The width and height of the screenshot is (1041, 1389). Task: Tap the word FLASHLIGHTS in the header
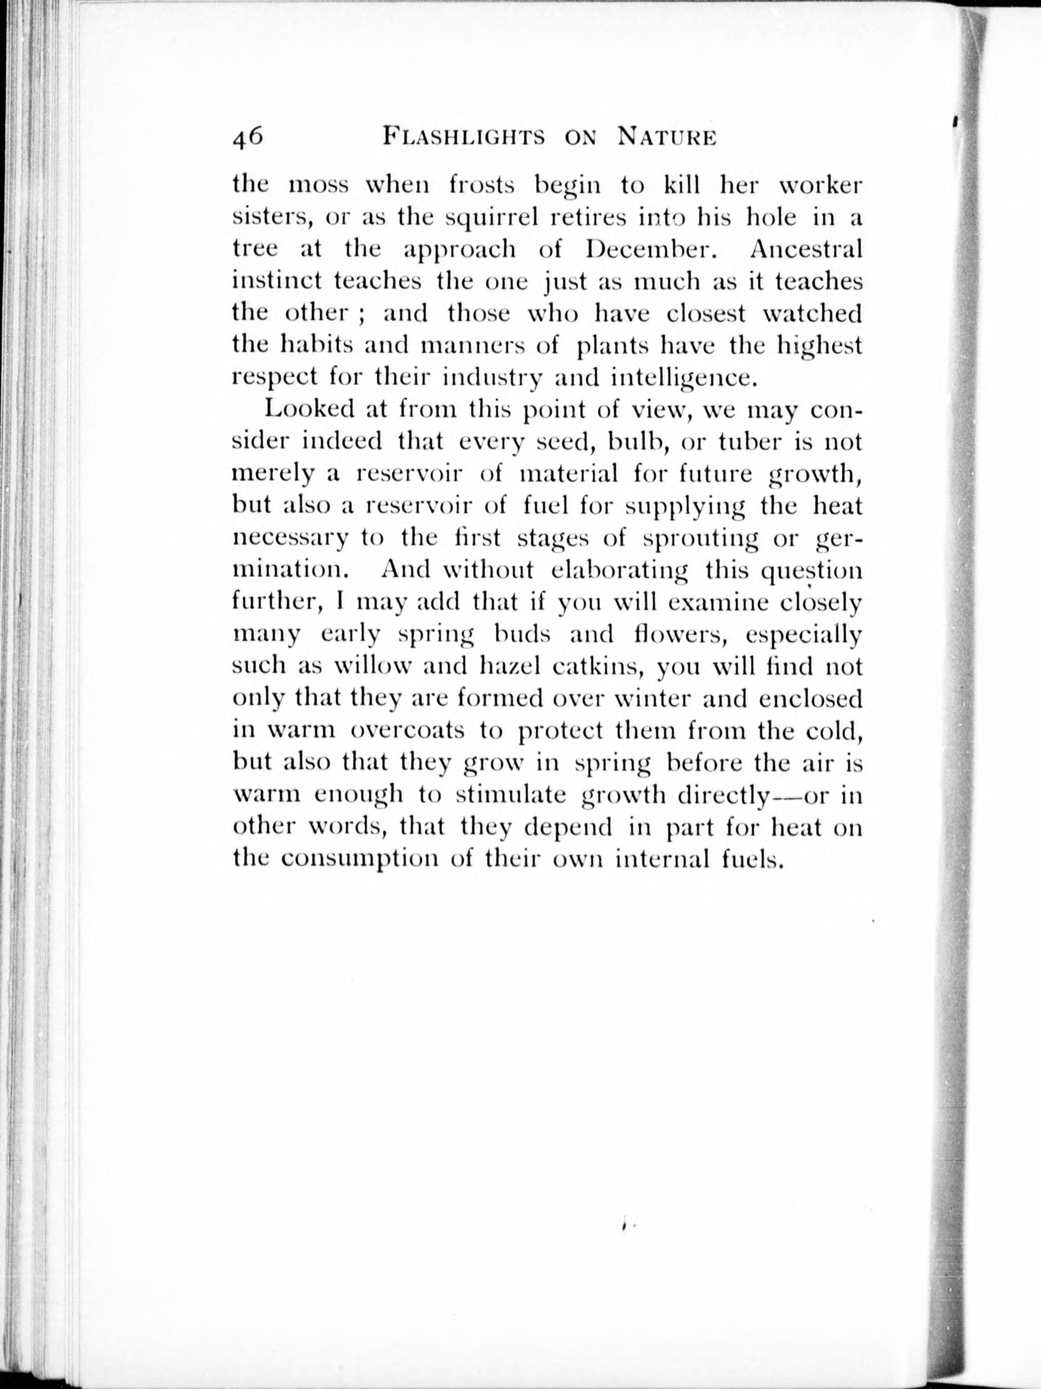click(464, 138)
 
